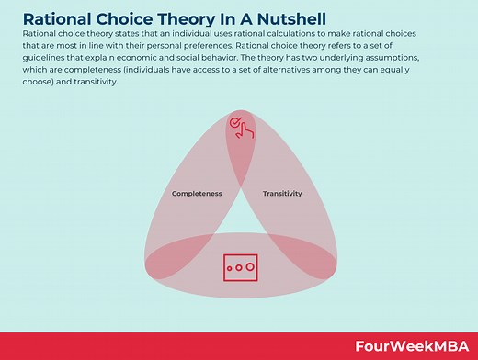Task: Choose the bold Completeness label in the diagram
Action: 197,194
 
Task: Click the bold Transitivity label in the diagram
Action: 282,194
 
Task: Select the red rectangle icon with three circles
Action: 240,266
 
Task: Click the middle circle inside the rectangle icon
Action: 240,268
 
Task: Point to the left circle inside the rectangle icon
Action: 231,268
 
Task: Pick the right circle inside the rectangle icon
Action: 249,268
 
